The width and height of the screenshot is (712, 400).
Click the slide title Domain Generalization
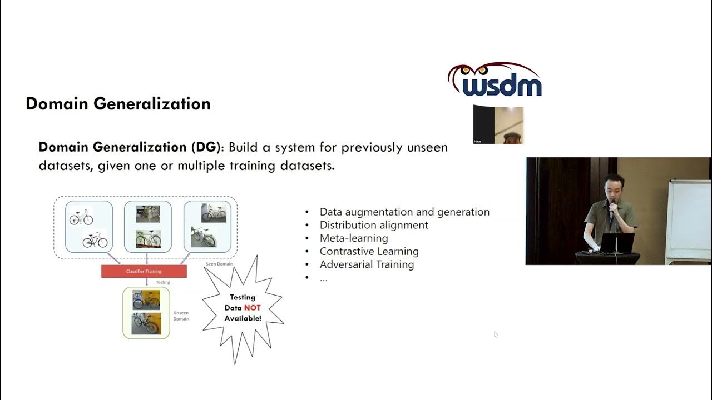point(118,104)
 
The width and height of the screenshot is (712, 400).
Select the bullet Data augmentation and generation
point(404,212)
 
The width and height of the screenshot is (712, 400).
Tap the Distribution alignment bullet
point(374,225)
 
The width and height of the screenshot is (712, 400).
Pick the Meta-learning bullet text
point(354,238)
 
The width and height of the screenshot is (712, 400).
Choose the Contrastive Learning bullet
point(369,251)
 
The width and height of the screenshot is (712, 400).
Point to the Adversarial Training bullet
point(367,264)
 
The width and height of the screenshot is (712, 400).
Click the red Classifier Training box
point(144,271)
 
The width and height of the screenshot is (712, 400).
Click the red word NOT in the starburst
point(252,308)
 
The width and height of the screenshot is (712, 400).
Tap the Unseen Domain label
point(181,315)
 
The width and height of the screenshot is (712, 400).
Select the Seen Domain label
point(219,264)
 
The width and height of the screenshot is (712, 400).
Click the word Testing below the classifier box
point(162,282)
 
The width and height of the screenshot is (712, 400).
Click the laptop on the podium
point(617,243)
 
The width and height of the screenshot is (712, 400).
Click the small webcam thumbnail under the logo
point(498,125)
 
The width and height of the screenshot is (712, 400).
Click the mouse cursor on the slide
point(496,334)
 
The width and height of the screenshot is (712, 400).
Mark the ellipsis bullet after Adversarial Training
point(324,278)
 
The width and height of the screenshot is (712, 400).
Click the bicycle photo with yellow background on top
point(146,300)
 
